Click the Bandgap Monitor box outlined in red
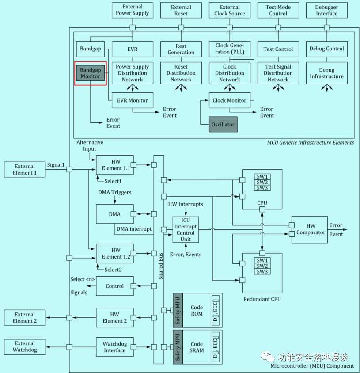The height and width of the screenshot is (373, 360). pos(91,73)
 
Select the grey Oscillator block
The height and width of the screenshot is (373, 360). pos(223,124)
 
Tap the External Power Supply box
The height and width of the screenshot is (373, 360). pos(133,10)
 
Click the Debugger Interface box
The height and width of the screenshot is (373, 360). pos(326,10)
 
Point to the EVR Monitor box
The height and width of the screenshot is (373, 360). pos(132,100)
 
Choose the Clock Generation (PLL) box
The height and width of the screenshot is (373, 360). pos(229,49)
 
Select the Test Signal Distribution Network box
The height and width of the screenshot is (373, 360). pos(278,73)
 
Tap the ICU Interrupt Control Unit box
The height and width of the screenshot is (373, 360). pos(186,229)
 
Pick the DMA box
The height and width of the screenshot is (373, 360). pos(115,214)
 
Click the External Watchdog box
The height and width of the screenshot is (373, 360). pos(25,346)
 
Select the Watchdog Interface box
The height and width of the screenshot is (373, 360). pos(114,347)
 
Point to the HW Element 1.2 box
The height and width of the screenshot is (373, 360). pos(116,254)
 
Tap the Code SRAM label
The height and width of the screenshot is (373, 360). pos(197,347)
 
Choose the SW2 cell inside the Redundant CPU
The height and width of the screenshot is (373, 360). pos(262,266)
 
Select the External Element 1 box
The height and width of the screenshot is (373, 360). pos(25,170)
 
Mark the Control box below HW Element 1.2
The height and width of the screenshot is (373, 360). pos(115,286)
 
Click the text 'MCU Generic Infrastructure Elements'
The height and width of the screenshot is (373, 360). pos(311,142)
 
